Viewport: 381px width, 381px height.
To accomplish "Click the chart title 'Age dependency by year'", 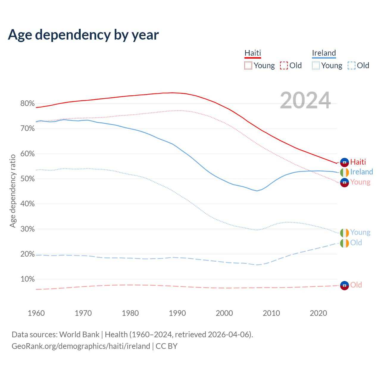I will click(83, 35).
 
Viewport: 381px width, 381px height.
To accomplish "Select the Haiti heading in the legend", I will click(253, 53).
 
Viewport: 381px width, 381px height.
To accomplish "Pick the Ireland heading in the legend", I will click(324, 53).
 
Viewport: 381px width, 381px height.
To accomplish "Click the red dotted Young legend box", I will click(248, 65).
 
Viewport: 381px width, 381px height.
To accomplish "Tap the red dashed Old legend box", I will click(284, 65).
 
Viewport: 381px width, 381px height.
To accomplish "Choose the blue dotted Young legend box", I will click(316, 65).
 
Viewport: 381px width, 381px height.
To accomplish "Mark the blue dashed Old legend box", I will click(352, 65).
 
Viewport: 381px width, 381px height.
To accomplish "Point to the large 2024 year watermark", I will click(305, 100).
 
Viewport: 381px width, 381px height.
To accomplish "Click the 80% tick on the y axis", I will click(27, 104).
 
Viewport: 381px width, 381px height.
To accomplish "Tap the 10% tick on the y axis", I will click(27, 279).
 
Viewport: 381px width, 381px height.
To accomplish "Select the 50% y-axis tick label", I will click(27, 179).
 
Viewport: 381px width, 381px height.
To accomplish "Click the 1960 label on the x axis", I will click(36, 313).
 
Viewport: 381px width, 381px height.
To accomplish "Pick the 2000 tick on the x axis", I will click(224, 313).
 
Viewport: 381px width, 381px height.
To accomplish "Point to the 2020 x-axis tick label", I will click(318, 313).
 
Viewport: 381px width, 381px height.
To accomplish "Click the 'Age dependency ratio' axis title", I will click(13, 191).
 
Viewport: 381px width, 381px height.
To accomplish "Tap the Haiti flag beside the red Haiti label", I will click(344, 162).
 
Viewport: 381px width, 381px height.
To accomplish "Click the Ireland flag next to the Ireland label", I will click(344, 172).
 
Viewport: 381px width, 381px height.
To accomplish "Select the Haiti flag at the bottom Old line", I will click(344, 285).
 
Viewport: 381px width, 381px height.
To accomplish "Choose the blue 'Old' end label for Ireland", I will click(356, 243).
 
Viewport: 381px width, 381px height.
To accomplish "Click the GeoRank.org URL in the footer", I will click(81, 346).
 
